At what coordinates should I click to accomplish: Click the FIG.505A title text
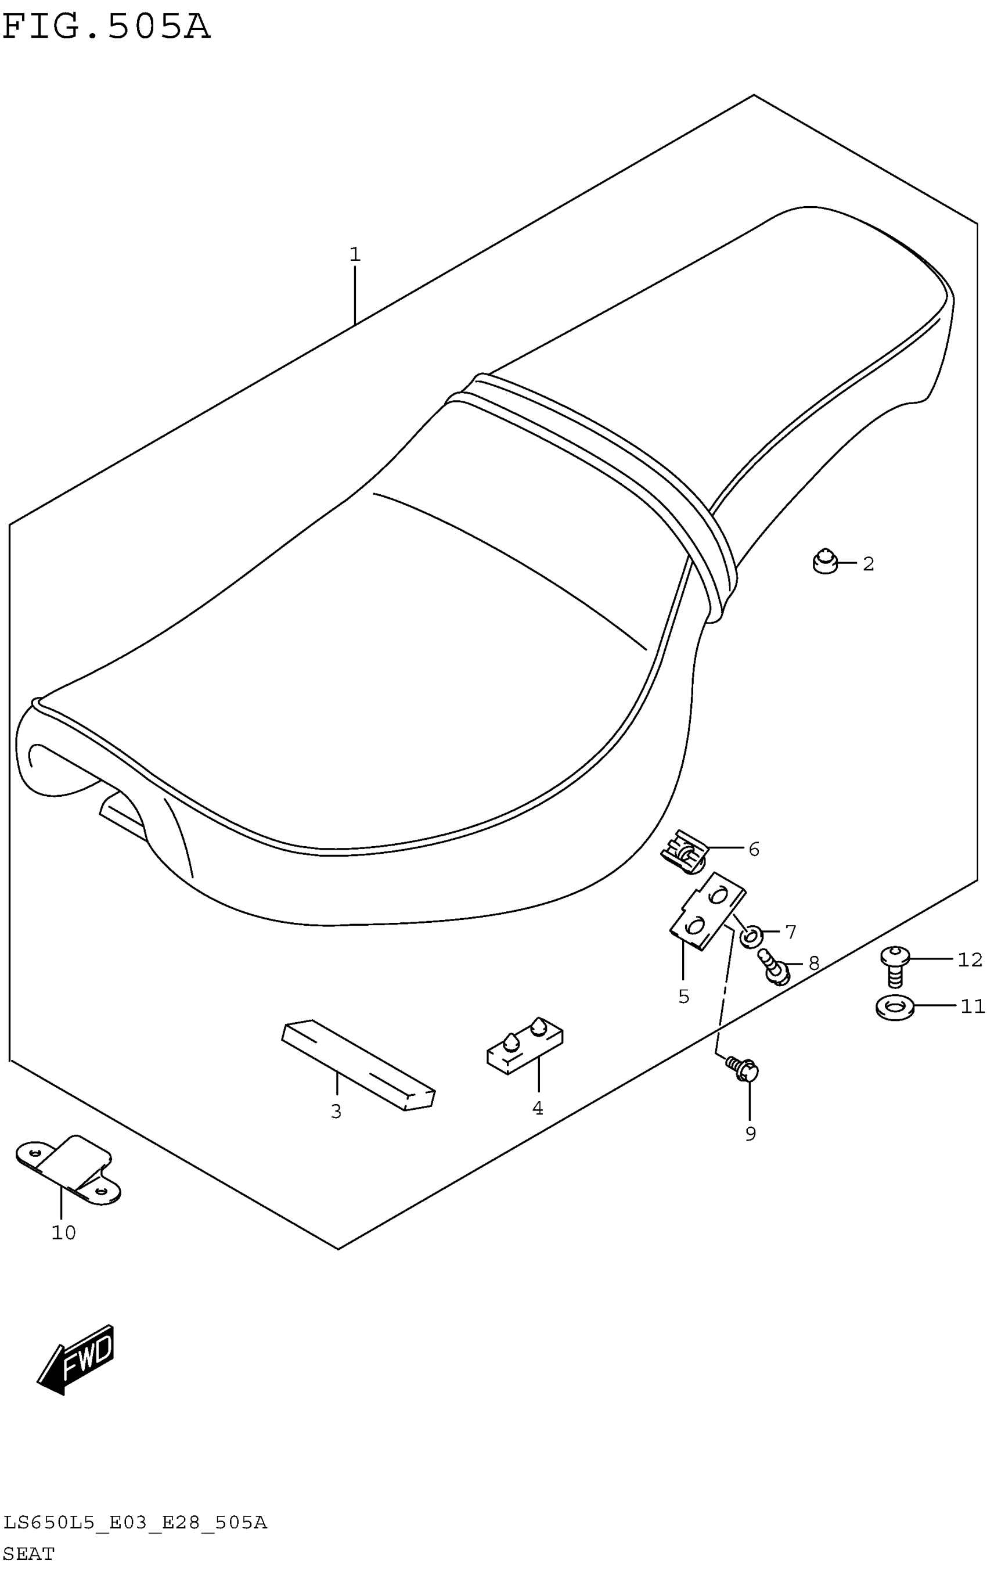click(106, 27)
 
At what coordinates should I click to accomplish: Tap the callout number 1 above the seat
click(354, 254)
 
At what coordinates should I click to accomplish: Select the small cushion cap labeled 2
click(824, 561)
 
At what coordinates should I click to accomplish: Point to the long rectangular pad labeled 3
click(358, 1063)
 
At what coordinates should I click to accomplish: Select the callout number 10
click(63, 1232)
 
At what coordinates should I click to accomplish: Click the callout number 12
click(970, 959)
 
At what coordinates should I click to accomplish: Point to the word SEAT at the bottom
click(28, 1554)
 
